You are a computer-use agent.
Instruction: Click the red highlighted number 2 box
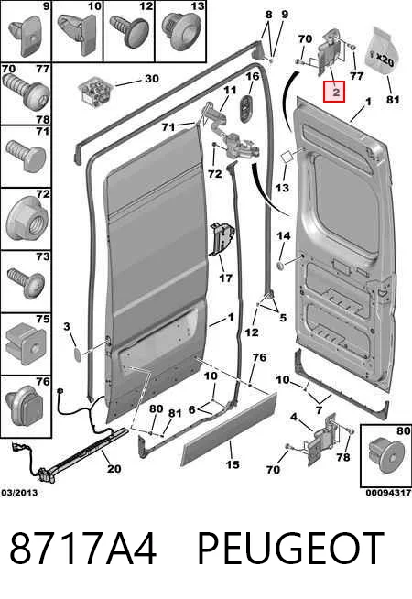coord(334,92)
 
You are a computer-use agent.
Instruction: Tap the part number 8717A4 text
coord(83,549)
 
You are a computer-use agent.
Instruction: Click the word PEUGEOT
coord(290,549)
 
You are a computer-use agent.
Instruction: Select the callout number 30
coord(152,79)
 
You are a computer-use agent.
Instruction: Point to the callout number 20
coord(114,468)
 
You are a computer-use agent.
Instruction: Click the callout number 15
coord(233,464)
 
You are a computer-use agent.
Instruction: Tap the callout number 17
coord(225,278)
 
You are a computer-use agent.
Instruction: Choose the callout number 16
coord(253,77)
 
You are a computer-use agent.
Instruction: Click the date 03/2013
coord(19,493)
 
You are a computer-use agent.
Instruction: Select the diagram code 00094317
coord(388,493)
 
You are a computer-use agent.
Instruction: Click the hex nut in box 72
coord(25,221)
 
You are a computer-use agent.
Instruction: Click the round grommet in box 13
coord(180,32)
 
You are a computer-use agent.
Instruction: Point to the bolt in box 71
coord(26,157)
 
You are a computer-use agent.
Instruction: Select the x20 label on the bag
coord(385,60)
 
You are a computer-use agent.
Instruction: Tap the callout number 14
coord(283,236)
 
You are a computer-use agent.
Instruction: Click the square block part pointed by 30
coord(95,93)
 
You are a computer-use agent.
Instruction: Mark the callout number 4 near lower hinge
coord(293,417)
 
